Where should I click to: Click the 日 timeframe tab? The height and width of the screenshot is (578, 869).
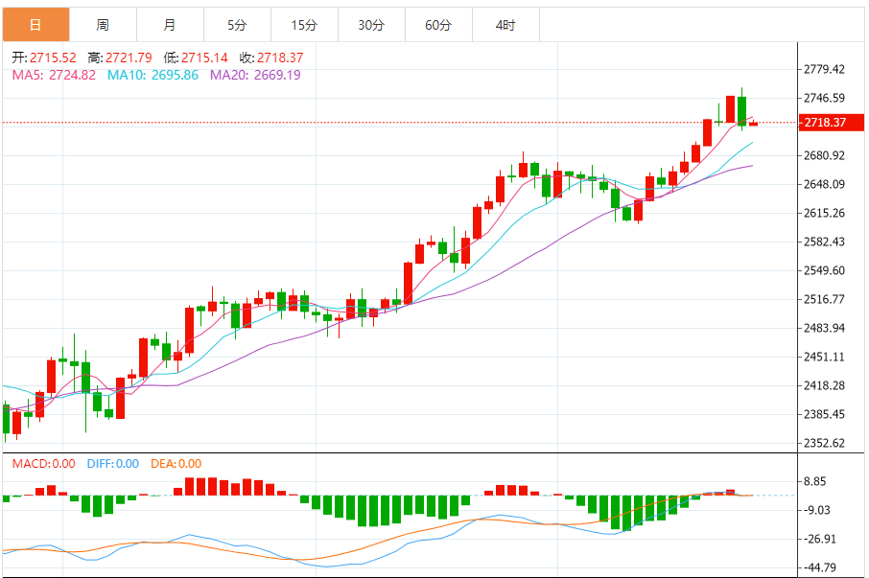coord(35,25)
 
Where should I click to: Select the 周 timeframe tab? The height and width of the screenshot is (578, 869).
coord(103,25)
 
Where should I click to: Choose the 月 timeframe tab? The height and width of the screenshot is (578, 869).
coord(170,25)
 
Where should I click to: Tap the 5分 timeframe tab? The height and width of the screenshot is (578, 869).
coord(237,25)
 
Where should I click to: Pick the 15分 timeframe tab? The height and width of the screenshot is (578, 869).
coord(304,25)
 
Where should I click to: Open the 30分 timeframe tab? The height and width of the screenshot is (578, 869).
coord(371,25)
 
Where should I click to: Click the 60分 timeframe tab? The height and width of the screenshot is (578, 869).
coord(438,25)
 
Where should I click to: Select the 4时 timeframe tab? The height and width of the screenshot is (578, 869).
coord(505,25)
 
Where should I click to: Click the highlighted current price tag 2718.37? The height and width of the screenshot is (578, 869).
coord(825,123)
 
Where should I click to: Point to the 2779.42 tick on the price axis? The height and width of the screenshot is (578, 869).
coord(825,69)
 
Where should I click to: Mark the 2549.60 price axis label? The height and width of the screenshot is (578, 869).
coord(825,270)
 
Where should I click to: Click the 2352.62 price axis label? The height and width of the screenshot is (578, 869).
coord(825,443)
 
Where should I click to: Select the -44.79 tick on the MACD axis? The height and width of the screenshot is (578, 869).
coord(823,566)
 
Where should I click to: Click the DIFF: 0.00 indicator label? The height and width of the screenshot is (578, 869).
coord(113,464)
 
